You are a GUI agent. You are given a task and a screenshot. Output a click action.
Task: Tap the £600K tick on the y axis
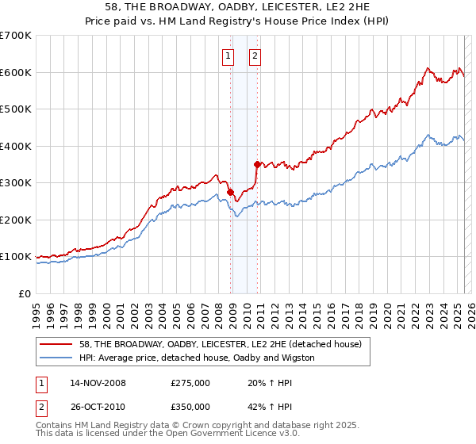[x=16, y=72]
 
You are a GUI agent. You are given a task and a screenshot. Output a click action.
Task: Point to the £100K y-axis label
[x=16, y=257]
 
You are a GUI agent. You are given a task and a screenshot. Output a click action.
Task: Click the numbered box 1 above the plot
[x=228, y=55]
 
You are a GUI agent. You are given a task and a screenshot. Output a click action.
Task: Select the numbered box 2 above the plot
[x=255, y=55]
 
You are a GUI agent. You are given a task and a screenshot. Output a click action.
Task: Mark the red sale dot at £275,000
[x=230, y=192]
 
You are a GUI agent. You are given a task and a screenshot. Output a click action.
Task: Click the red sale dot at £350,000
[x=257, y=164]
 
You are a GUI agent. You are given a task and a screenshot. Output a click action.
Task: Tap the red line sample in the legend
[x=56, y=344]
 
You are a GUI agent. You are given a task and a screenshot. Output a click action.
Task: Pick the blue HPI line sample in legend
[x=56, y=358]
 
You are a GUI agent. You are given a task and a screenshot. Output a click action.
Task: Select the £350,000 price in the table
[x=190, y=406]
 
